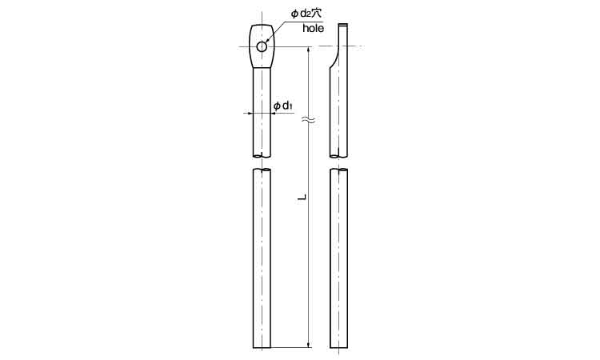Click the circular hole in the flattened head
(x=262, y=46)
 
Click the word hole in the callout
(x=313, y=28)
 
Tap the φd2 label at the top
(x=300, y=14)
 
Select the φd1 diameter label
(x=282, y=106)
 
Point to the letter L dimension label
(x=302, y=198)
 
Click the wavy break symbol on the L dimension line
(x=309, y=121)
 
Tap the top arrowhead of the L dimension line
(x=309, y=50)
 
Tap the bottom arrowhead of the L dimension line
(x=309, y=344)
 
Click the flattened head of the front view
(x=262, y=46)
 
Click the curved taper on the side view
(x=334, y=57)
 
